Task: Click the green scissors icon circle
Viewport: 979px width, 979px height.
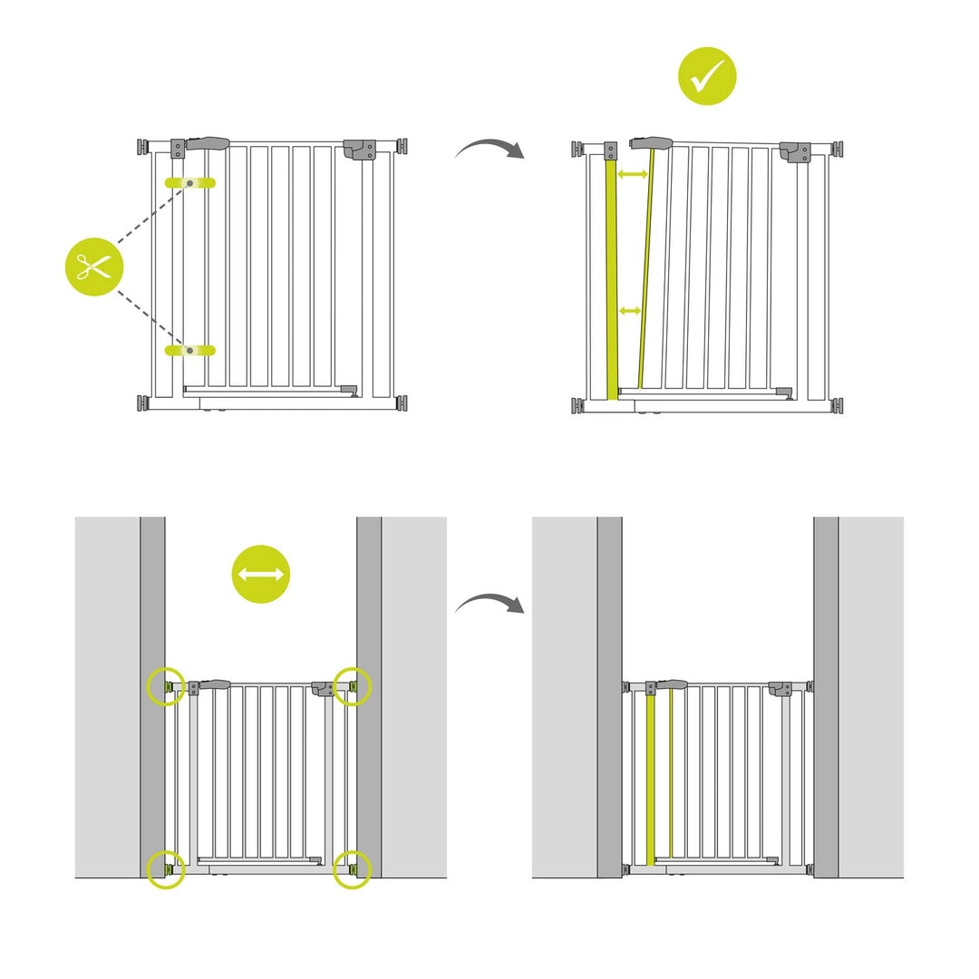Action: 93,267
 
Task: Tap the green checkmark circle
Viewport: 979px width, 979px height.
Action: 707,76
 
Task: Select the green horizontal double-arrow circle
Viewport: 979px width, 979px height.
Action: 261,574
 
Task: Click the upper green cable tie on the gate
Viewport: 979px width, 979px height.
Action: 189,183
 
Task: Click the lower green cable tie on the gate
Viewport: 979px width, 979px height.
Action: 189,350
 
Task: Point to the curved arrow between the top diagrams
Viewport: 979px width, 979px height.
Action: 489,149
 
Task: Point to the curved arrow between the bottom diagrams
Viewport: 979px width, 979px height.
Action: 489,604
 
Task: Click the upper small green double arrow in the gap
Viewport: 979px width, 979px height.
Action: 632,173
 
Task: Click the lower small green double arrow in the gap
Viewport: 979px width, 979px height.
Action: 629,311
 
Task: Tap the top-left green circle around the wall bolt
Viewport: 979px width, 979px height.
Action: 166,686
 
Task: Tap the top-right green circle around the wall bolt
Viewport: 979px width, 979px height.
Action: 353,686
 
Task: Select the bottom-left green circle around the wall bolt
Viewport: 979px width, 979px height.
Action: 166,869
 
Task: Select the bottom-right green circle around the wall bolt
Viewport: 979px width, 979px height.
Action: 353,869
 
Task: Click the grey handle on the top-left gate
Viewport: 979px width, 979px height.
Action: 208,143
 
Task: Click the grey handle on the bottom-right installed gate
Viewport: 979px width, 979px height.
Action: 672,684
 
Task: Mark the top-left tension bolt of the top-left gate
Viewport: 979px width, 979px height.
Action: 143,147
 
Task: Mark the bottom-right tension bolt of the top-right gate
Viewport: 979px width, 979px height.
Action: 838,405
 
